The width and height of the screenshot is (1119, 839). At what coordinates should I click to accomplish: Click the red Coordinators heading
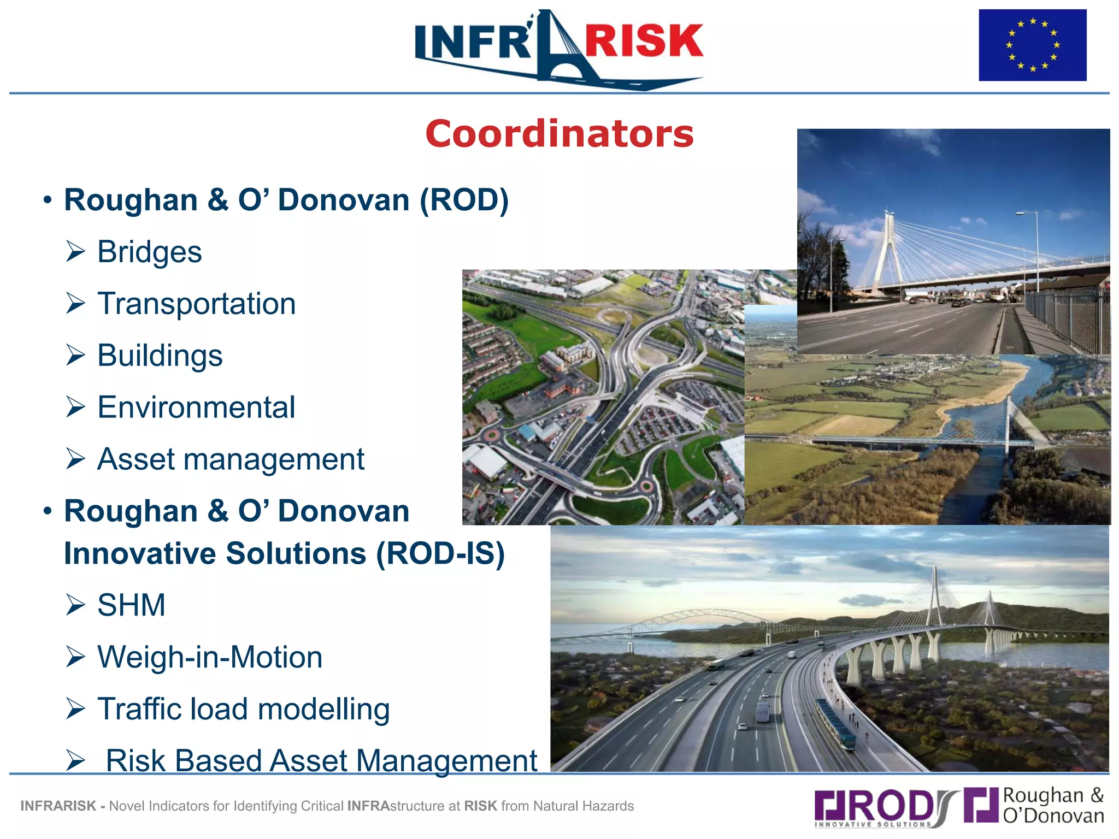click(559, 134)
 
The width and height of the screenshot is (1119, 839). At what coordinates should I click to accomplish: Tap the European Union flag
click(1032, 45)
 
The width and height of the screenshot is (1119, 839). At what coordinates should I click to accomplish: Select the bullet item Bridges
click(149, 252)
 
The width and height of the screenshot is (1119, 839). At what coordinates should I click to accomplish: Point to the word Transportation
click(196, 304)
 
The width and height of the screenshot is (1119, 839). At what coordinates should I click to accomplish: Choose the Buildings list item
click(160, 356)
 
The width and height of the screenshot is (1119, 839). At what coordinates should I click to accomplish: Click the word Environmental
click(196, 407)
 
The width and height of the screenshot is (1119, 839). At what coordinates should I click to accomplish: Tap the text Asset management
click(231, 459)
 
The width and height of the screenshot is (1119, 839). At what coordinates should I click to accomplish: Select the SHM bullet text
click(131, 605)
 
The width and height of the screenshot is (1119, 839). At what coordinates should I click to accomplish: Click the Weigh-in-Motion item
click(210, 657)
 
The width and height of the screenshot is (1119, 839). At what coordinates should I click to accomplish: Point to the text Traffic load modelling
click(243, 709)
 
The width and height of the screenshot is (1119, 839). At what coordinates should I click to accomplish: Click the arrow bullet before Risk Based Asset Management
click(75, 760)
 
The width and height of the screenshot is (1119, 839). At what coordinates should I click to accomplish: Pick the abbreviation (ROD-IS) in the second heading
click(440, 554)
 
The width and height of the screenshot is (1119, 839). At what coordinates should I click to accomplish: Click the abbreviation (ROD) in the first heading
click(464, 200)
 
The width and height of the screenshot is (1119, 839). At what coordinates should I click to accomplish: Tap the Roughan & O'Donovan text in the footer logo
click(1053, 806)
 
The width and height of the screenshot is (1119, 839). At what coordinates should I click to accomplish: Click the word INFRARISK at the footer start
click(58, 806)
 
